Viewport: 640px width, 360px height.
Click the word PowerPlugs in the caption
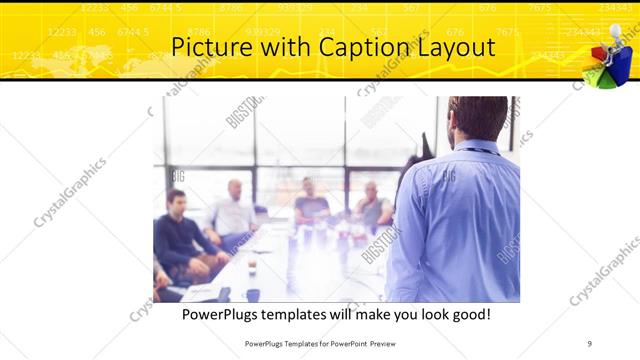pos(226,314)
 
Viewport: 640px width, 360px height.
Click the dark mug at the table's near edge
pos(252,295)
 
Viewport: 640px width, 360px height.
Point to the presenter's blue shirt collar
pos(478,148)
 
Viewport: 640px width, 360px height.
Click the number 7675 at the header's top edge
pos(539,7)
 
